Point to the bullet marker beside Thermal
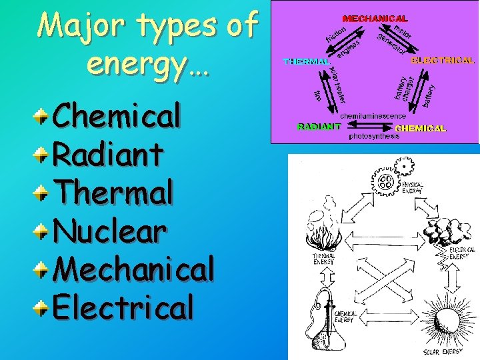coord(42,194)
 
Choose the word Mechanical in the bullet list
coord(133,269)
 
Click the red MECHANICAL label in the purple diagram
coord(375,19)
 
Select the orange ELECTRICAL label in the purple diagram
coord(443,60)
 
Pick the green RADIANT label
coord(319,125)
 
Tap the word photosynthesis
coord(374,136)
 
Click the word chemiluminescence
coord(373,116)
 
